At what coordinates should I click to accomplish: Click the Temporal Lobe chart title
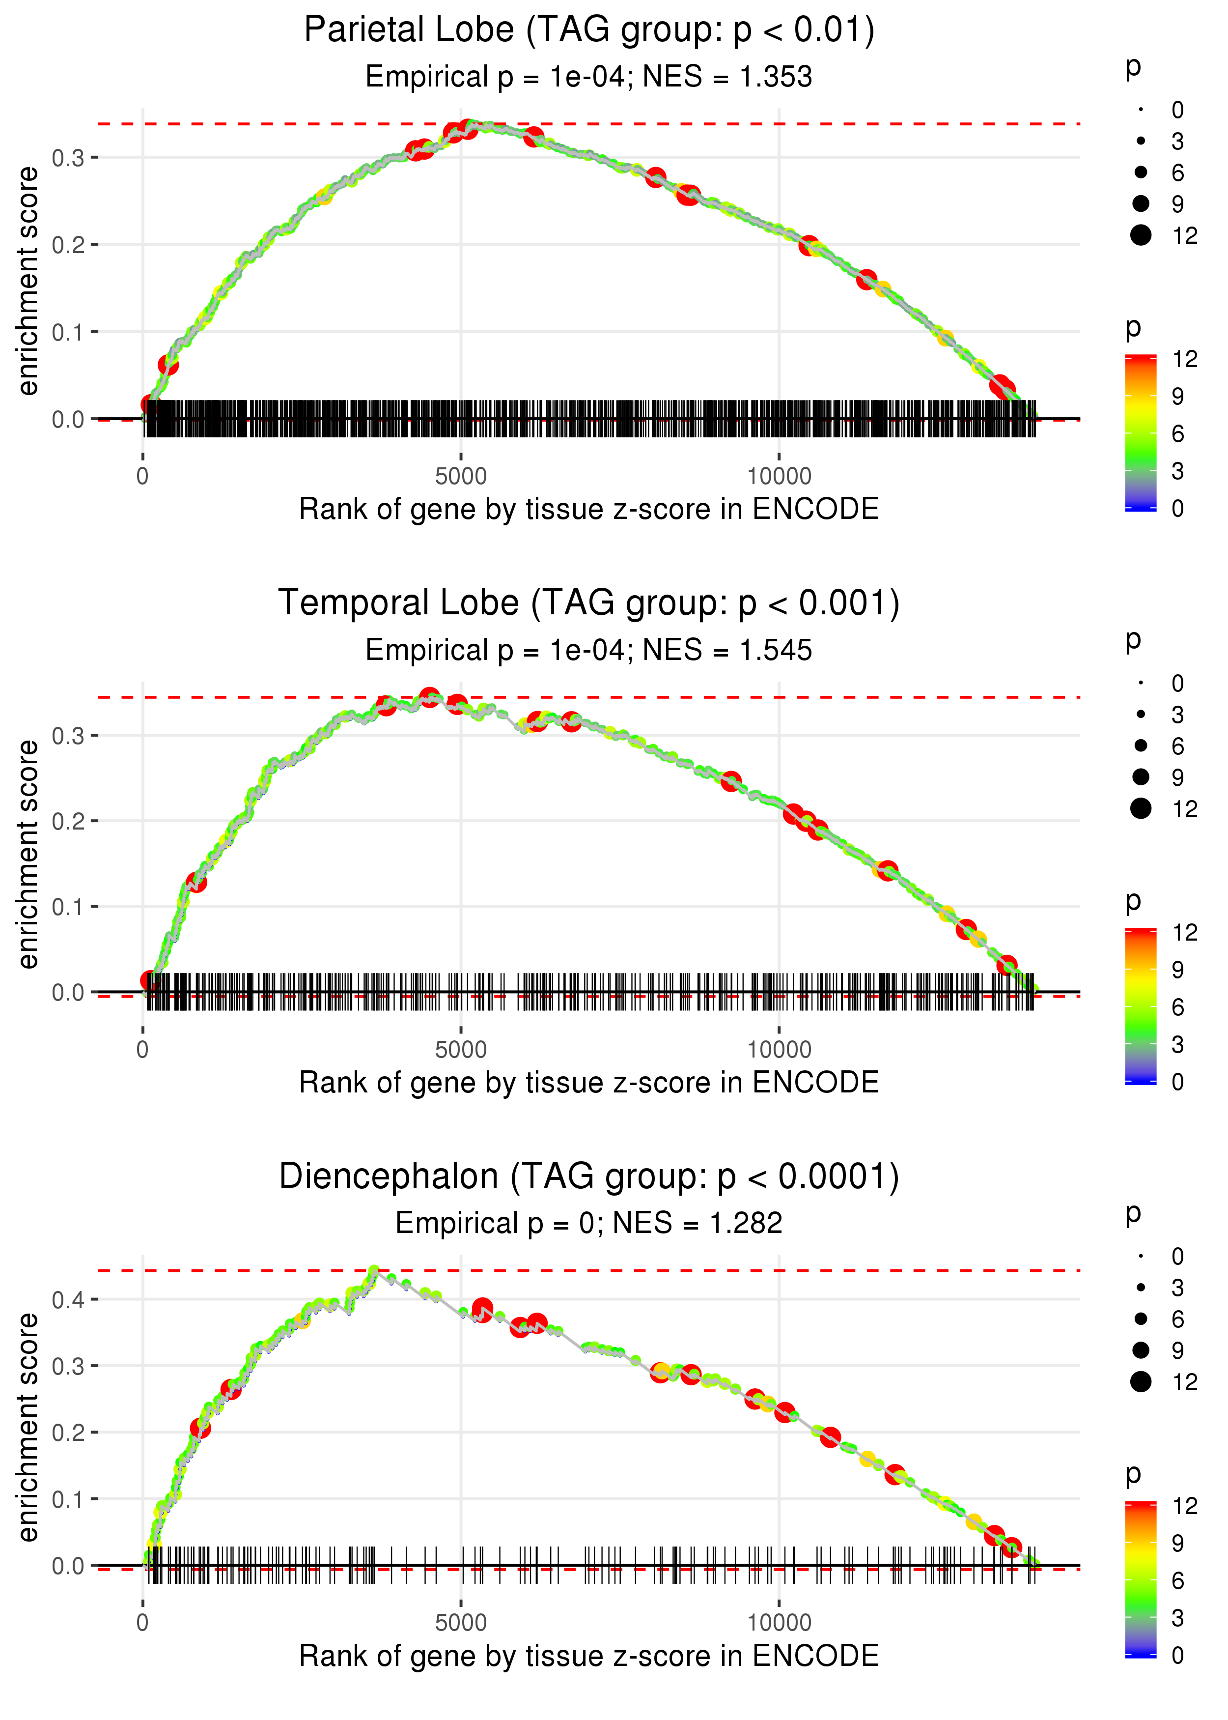tap(589, 603)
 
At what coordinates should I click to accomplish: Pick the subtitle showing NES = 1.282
tap(588, 1223)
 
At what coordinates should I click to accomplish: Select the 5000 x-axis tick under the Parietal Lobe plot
tap(461, 477)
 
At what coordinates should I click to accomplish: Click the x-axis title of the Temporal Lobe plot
tap(588, 1083)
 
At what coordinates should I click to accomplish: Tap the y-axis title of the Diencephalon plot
tap(28, 1427)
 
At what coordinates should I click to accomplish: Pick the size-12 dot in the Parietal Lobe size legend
tap(1140, 236)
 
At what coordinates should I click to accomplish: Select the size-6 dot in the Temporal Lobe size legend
tap(1140, 746)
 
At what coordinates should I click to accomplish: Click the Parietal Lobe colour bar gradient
tap(1140, 432)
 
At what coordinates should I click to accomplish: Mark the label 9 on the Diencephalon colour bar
tap(1177, 1543)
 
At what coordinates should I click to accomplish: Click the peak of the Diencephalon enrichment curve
tap(373, 1271)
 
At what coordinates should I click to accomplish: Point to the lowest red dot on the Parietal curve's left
tap(150, 404)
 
